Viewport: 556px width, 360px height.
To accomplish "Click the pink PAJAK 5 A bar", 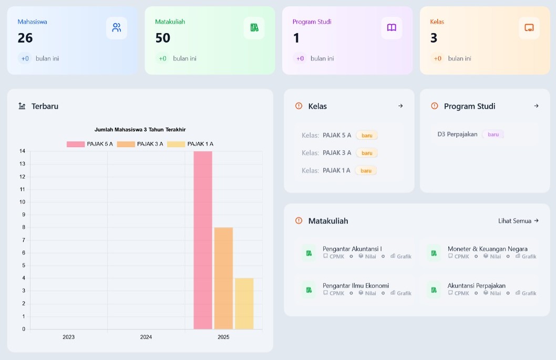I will point(203,240).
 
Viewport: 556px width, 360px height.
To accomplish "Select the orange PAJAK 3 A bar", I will point(223,278).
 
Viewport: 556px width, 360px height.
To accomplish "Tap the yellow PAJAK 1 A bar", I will point(244,303).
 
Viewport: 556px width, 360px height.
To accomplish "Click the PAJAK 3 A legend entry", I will point(140,144).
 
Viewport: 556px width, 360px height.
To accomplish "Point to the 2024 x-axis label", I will point(146,337).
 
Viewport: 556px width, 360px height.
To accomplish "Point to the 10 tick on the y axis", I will point(23,202).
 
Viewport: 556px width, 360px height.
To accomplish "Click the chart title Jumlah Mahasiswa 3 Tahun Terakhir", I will point(140,130).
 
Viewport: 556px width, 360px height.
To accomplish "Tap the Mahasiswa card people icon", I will point(117,28).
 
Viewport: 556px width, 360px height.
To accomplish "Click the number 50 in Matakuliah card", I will point(163,38).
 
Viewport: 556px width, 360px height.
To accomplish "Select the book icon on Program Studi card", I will point(392,28).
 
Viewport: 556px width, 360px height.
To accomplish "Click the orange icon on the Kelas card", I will point(529,28).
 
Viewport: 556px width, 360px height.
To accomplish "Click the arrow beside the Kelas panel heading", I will point(400,106).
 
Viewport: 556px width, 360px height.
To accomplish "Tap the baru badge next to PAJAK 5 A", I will point(367,136).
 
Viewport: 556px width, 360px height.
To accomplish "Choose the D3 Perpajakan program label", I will point(457,134).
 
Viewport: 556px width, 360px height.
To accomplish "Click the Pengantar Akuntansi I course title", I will point(352,249).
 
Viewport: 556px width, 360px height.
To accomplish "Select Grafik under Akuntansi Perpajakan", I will point(526,293).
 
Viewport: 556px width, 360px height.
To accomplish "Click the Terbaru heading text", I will point(45,106).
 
